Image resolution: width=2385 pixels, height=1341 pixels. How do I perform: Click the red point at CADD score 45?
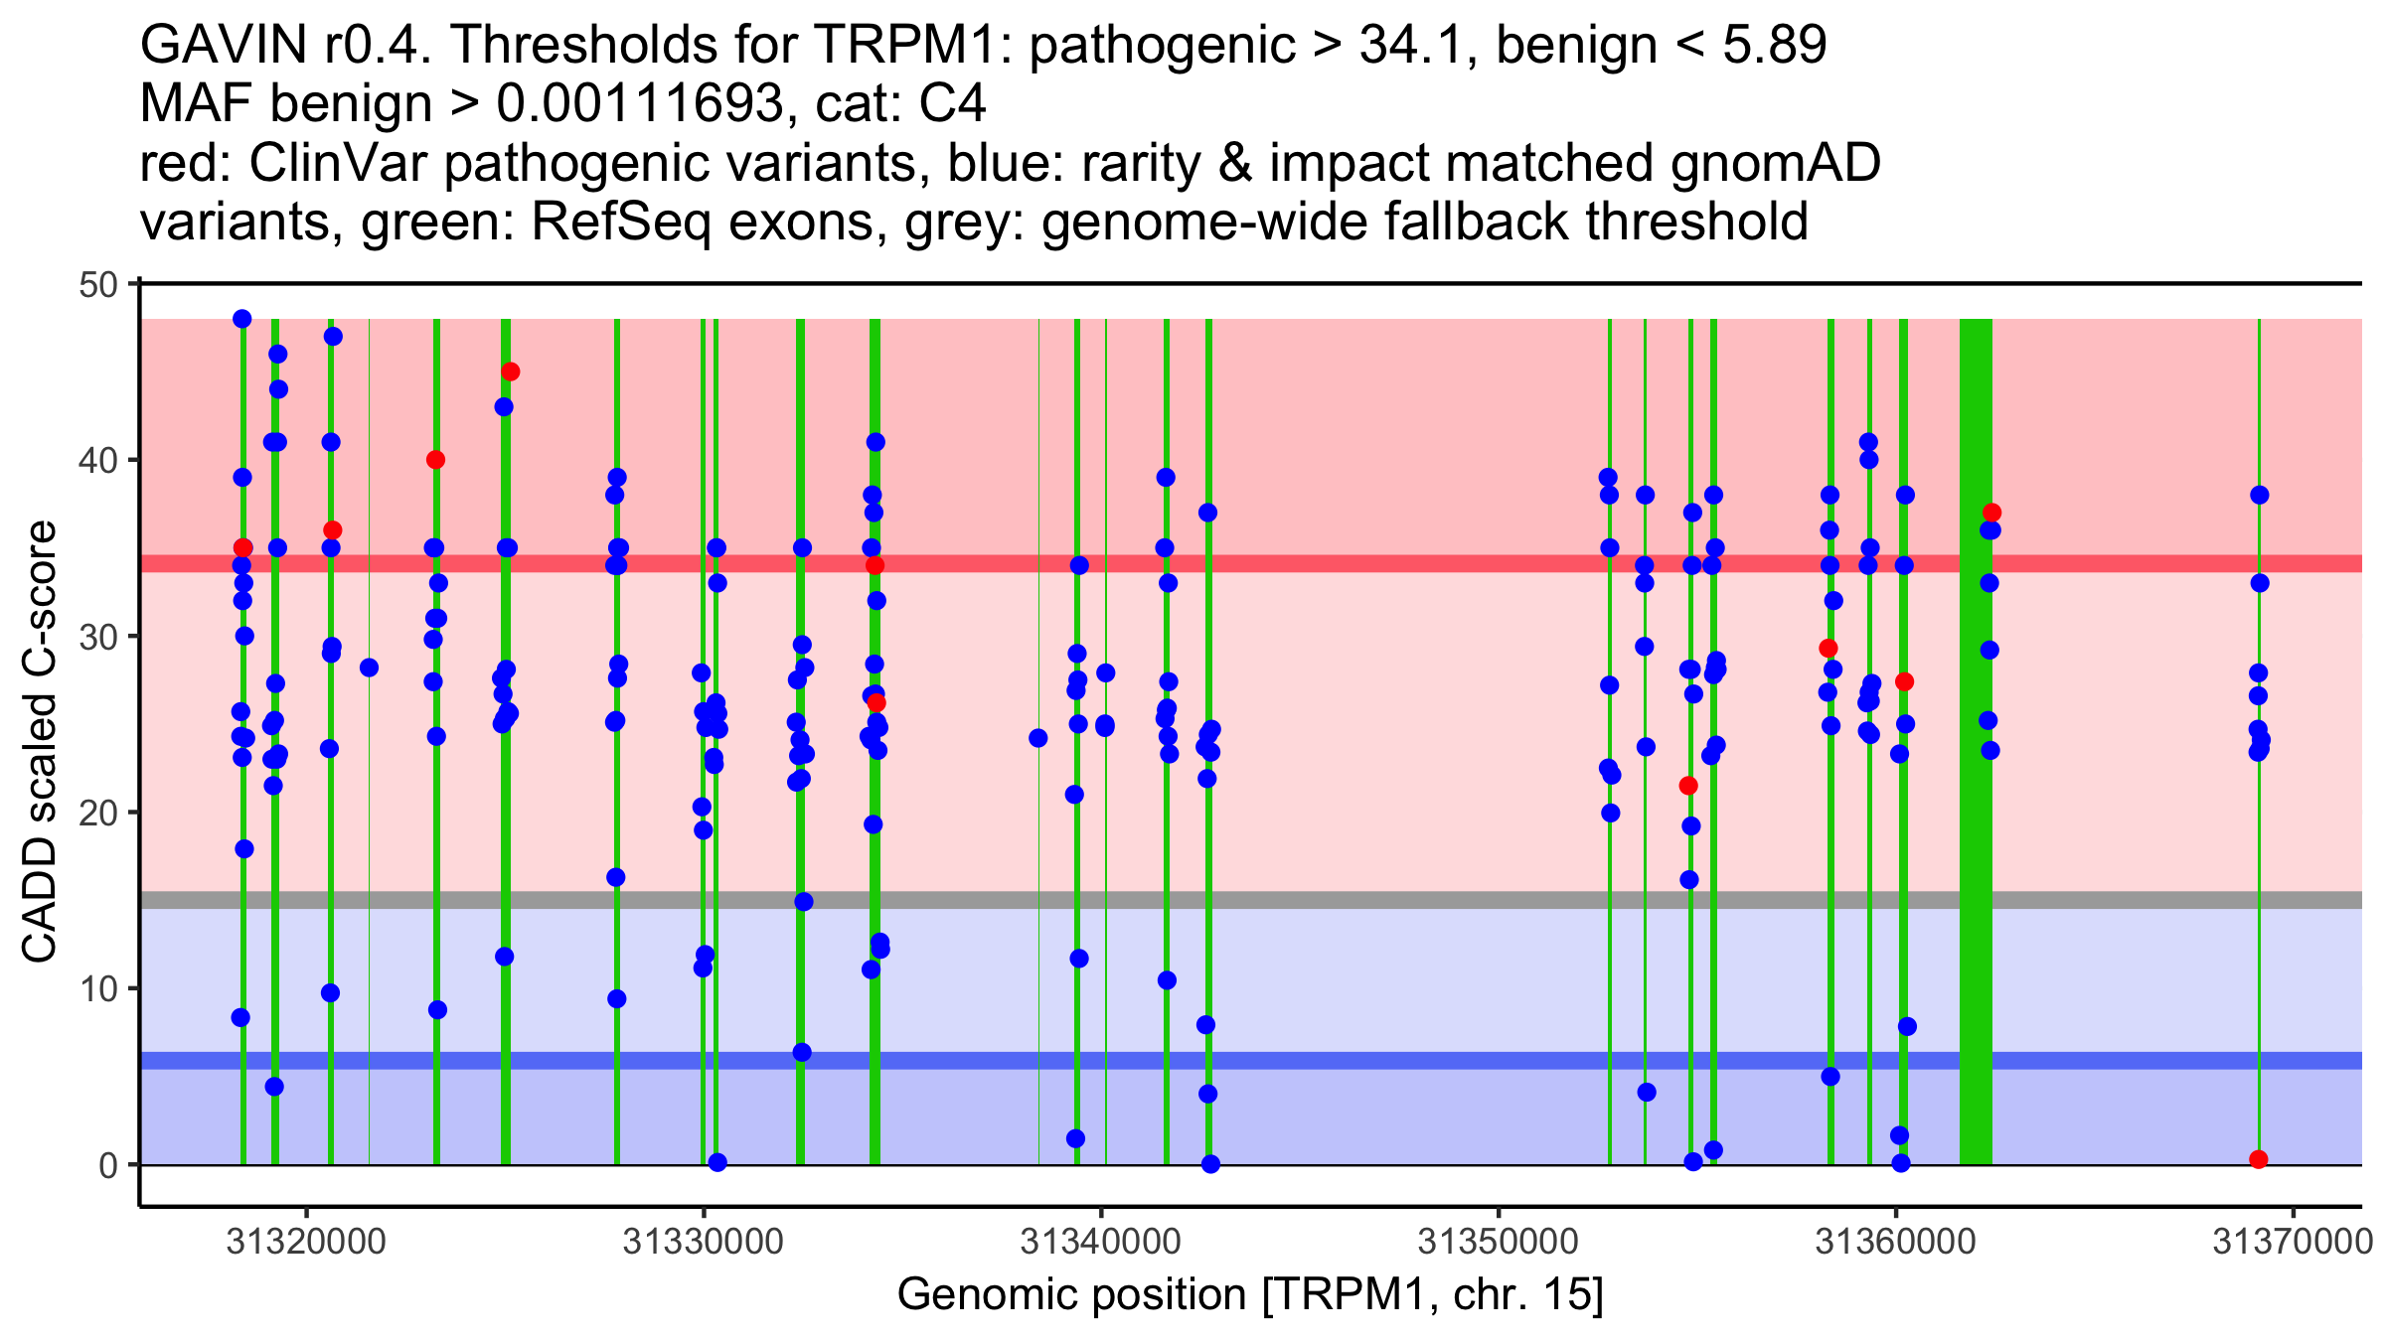510,372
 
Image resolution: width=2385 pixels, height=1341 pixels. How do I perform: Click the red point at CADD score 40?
435,460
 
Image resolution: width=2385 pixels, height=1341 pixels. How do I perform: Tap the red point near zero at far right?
2258,1159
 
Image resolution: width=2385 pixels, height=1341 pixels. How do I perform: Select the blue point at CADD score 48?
242,319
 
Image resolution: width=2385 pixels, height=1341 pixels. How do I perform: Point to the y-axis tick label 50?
97,285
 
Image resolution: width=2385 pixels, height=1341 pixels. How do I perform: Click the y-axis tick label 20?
97,814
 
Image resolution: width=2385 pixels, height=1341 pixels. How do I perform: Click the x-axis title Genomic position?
1250,1295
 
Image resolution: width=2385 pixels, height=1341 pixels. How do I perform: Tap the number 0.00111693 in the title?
640,104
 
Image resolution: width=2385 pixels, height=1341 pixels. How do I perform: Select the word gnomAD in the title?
1775,163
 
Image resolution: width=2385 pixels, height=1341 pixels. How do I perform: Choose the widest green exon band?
1976,735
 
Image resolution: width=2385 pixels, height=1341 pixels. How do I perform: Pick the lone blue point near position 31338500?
1038,738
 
